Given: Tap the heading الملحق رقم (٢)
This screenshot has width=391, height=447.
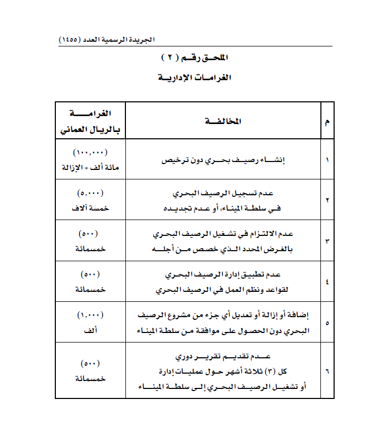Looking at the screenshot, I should [x=195, y=57].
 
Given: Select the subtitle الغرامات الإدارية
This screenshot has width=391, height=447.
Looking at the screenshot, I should [x=195, y=77].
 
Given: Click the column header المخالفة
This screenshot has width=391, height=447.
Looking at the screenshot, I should [x=223, y=121].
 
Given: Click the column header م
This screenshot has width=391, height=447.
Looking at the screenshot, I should [x=327, y=122].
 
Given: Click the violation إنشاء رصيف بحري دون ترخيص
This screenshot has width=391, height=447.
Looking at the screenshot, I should [x=223, y=159].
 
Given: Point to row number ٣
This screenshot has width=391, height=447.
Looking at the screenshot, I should [x=327, y=241].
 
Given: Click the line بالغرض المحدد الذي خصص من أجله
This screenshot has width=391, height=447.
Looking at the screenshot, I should [x=223, y=249].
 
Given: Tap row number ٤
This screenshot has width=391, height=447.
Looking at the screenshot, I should [x=327, y=282].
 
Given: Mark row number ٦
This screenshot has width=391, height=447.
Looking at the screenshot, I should [x=327, y=371].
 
